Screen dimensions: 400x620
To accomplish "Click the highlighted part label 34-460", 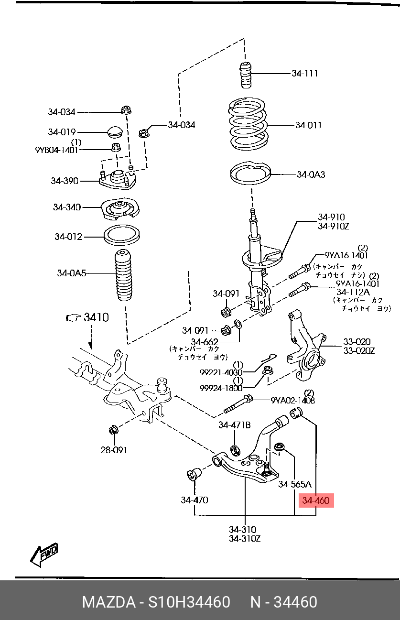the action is (x=315, y=500).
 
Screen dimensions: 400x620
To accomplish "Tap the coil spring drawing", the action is (x=248, y=124).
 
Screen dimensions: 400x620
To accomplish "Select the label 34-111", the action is (x=304, y=73).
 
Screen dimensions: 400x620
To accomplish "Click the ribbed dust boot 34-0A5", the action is (x=123, y=275).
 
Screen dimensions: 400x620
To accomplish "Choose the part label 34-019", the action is (x=62, y=132).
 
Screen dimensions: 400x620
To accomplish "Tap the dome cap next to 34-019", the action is (x=115, y=132).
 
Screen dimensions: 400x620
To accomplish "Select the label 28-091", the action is (x=114, y=450).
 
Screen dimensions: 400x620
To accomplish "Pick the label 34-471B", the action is (x=235, y=425).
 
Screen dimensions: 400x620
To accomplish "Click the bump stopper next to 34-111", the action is (x=246, y=76).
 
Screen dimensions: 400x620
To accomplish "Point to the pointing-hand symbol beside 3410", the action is (x=73, y=318).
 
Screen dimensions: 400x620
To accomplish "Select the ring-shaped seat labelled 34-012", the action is (x=122, y=236).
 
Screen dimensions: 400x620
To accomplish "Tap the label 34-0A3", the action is (x=311, y=174).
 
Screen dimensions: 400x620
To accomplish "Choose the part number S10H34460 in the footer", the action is (x=189, y=602).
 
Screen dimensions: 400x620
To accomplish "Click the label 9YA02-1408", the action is (x=292, y=400).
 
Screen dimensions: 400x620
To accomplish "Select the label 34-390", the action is (x=65, y=181).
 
